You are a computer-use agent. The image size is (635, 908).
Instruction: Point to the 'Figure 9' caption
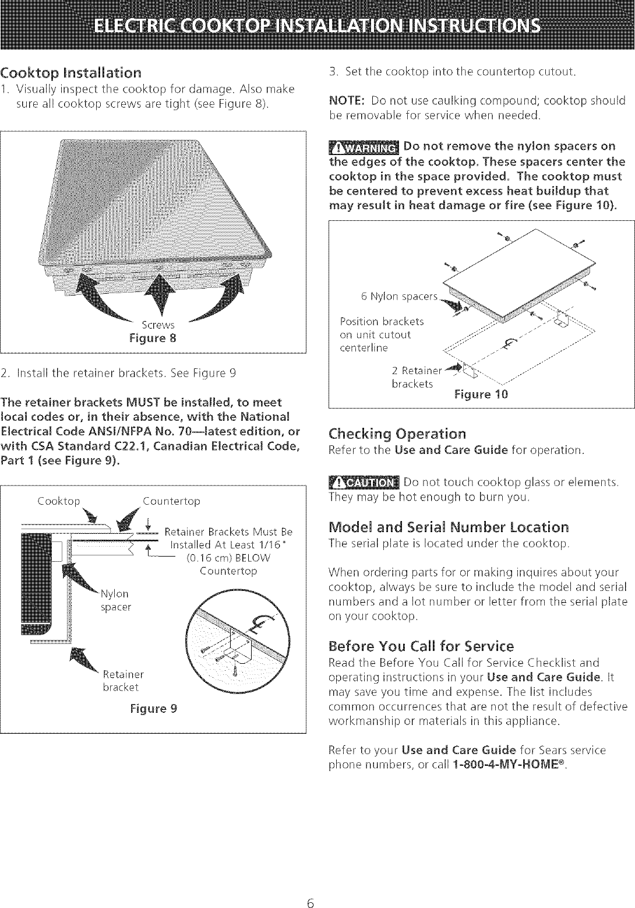tap(154, 709)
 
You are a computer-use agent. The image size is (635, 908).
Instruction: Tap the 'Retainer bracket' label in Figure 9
tap(123, 681)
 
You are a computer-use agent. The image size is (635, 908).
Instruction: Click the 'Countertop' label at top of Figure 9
tap(171, 501)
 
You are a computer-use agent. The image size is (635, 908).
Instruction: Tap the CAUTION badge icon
tap(363, 482)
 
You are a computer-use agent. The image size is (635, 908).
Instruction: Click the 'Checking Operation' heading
tap(397, 434)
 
